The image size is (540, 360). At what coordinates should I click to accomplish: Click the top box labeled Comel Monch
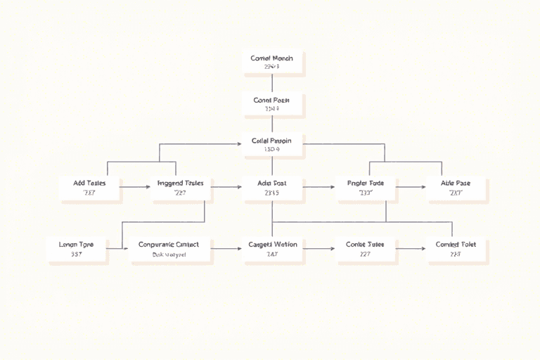(x=272, y=62)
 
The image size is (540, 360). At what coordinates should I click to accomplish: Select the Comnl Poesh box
(x=272, y=104)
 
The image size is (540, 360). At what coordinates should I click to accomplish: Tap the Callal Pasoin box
(x=272, y=145)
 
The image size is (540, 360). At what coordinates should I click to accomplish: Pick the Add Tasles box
(x=90, y=187)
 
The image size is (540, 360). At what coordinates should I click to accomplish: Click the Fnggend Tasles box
(x=181, y=187)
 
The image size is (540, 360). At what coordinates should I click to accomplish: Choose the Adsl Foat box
(x=272, y=187)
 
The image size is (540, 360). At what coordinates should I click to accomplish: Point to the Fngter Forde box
(x=366, y=187)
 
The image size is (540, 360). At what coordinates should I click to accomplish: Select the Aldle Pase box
(x=456, y=187)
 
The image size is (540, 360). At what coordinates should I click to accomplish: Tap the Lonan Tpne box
(x=77, y=249)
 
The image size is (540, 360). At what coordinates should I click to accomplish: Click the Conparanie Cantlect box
(x=169, y=249)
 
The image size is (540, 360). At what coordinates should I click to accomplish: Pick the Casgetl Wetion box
(x=272, y=249)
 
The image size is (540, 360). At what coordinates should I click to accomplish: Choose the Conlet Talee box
(x=366, y=249)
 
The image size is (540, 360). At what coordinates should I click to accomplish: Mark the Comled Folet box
(x=456, y=249)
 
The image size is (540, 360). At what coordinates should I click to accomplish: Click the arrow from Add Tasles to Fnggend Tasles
(x=135, y=187)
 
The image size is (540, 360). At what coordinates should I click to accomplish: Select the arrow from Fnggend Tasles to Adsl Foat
(x=226, y=187)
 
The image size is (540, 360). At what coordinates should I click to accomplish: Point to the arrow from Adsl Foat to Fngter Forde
(x=319, y=187)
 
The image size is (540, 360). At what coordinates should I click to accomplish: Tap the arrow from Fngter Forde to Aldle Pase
(x=411, y=187)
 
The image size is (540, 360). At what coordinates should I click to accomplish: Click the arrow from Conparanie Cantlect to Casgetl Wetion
(x=226, y=249)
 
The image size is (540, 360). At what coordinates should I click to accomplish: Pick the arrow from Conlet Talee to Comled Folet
(x=411, y=249)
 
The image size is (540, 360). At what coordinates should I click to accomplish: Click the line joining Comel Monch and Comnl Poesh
(x=272, y=83)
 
